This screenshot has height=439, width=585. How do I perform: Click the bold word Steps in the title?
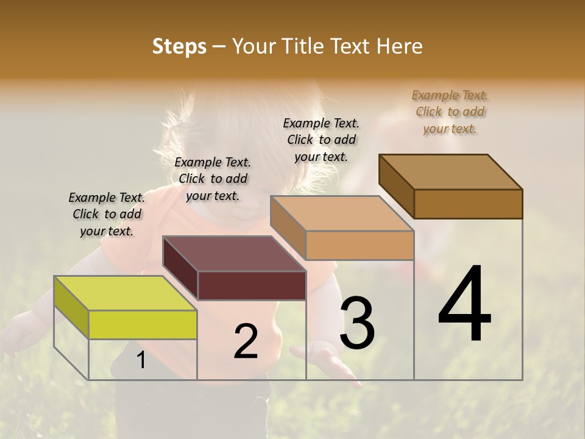pos(179,46)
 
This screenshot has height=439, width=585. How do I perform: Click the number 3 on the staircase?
pos(357,323)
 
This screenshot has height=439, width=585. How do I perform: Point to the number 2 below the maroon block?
pos(246,341)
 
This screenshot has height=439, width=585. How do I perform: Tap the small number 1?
pos(141,360)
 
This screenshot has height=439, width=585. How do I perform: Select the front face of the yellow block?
pos(143,324)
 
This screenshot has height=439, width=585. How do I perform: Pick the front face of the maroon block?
pos(252,285)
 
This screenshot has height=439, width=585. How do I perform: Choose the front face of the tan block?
pos(360,245)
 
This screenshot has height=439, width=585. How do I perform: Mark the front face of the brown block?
pos(468,204)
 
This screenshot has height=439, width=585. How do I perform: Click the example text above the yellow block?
pos(107,214)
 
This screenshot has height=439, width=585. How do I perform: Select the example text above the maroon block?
pos(213,179)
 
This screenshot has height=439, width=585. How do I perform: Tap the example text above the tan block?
pos(321,140)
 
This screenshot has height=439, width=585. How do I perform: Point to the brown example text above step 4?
pos(450,112)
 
